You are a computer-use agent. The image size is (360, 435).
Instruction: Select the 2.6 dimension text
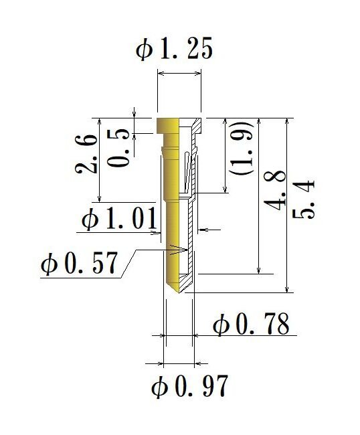(87, 153)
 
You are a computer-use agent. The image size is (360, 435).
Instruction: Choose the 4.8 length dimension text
(276, 191)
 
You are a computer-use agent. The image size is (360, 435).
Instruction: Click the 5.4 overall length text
(306, 199)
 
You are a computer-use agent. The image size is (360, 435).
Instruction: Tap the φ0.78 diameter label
(250, 325)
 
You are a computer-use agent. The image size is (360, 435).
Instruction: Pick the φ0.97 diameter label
(190, 387)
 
